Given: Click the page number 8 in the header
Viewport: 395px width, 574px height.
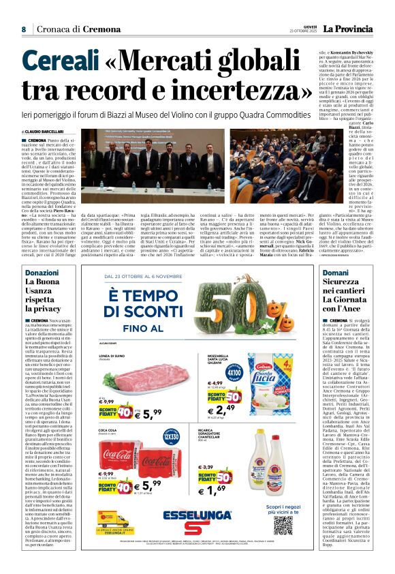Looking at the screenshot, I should tap(23, 30).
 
